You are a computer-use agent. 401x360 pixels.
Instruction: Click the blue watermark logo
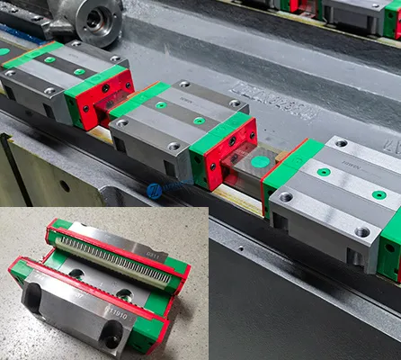pyautogui.click(x=154, y=191)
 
